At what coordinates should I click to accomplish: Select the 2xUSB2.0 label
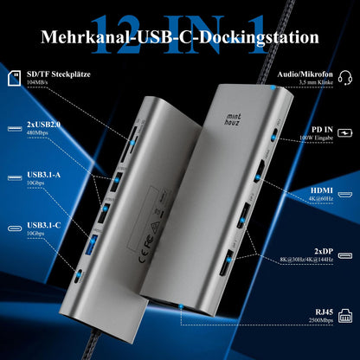click(44, 127)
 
